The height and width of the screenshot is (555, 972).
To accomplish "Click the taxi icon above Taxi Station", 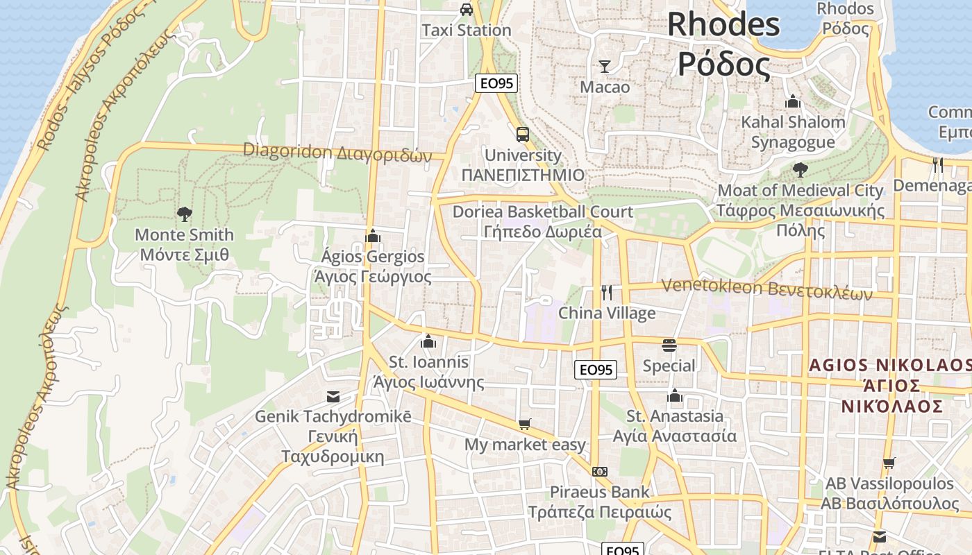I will click(467, 9).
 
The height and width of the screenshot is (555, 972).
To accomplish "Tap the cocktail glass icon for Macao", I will click(605, 67).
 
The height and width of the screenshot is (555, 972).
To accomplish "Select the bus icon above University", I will click(522, 134).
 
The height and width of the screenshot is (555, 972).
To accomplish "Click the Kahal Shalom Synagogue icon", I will click(793, 102).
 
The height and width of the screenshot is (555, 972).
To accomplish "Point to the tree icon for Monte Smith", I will click(184, 214).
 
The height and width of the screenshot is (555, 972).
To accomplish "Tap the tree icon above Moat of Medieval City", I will click(800, 169).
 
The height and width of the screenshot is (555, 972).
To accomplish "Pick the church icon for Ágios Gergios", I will click(373, 236).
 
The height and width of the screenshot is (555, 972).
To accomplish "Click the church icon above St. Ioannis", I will click(428, 341).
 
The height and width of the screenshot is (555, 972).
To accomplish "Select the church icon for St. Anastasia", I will click(674, 396).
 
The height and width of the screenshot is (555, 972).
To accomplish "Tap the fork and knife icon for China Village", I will click(607, 293).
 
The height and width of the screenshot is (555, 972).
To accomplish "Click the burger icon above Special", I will click(669, 345).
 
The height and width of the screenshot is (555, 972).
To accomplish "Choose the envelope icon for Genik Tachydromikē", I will click(333, 396).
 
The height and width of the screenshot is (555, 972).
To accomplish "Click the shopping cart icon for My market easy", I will click(525, 424).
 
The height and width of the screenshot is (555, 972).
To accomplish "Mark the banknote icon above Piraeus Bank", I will click(600, 472).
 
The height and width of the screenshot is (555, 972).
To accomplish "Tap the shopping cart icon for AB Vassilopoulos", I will click(889, 463).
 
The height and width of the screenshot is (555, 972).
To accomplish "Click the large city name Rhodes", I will click(723, 24).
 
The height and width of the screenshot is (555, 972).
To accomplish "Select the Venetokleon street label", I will click(766, 288).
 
